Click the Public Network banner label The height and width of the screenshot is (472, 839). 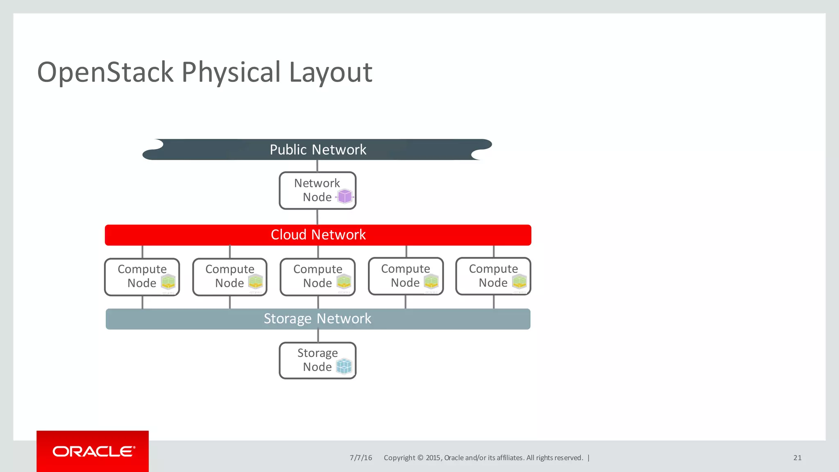[x=317, y=150]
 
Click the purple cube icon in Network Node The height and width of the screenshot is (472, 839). [x=345, y=197]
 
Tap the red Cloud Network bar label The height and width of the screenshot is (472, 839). [x=318, y=235]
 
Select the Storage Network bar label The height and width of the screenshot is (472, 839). [x=317, y=319]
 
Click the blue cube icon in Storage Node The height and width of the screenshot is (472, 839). [x=344, y=366]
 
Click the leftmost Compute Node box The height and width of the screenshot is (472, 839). [x=142, y=277]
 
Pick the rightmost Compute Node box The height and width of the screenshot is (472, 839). [x=493, y=276]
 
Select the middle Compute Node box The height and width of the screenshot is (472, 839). [x=317, y=277]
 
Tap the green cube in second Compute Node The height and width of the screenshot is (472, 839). [x=256, y=282]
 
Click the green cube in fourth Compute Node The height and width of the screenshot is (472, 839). [x=431, y=281]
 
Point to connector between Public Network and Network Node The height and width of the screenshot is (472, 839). [x=317, y=166]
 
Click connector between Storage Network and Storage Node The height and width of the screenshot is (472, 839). [x=318, y=336]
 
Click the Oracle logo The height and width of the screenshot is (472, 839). [x=93, y=452]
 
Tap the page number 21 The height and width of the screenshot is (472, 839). [x=797, y=458]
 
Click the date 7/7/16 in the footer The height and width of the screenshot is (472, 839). [x=361, y=458]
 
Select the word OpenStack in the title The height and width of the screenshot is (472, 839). [x=105, y=73]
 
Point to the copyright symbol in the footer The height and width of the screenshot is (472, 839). [x=420, y=458]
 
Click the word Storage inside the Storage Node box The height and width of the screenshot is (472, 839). [x=317, y=353]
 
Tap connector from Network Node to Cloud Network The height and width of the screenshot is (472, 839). [x=317, y=217]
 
